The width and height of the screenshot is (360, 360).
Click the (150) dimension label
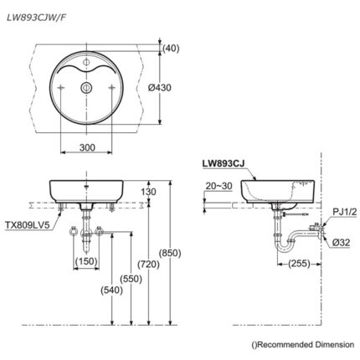86,262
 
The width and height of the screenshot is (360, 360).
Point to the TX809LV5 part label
28,224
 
